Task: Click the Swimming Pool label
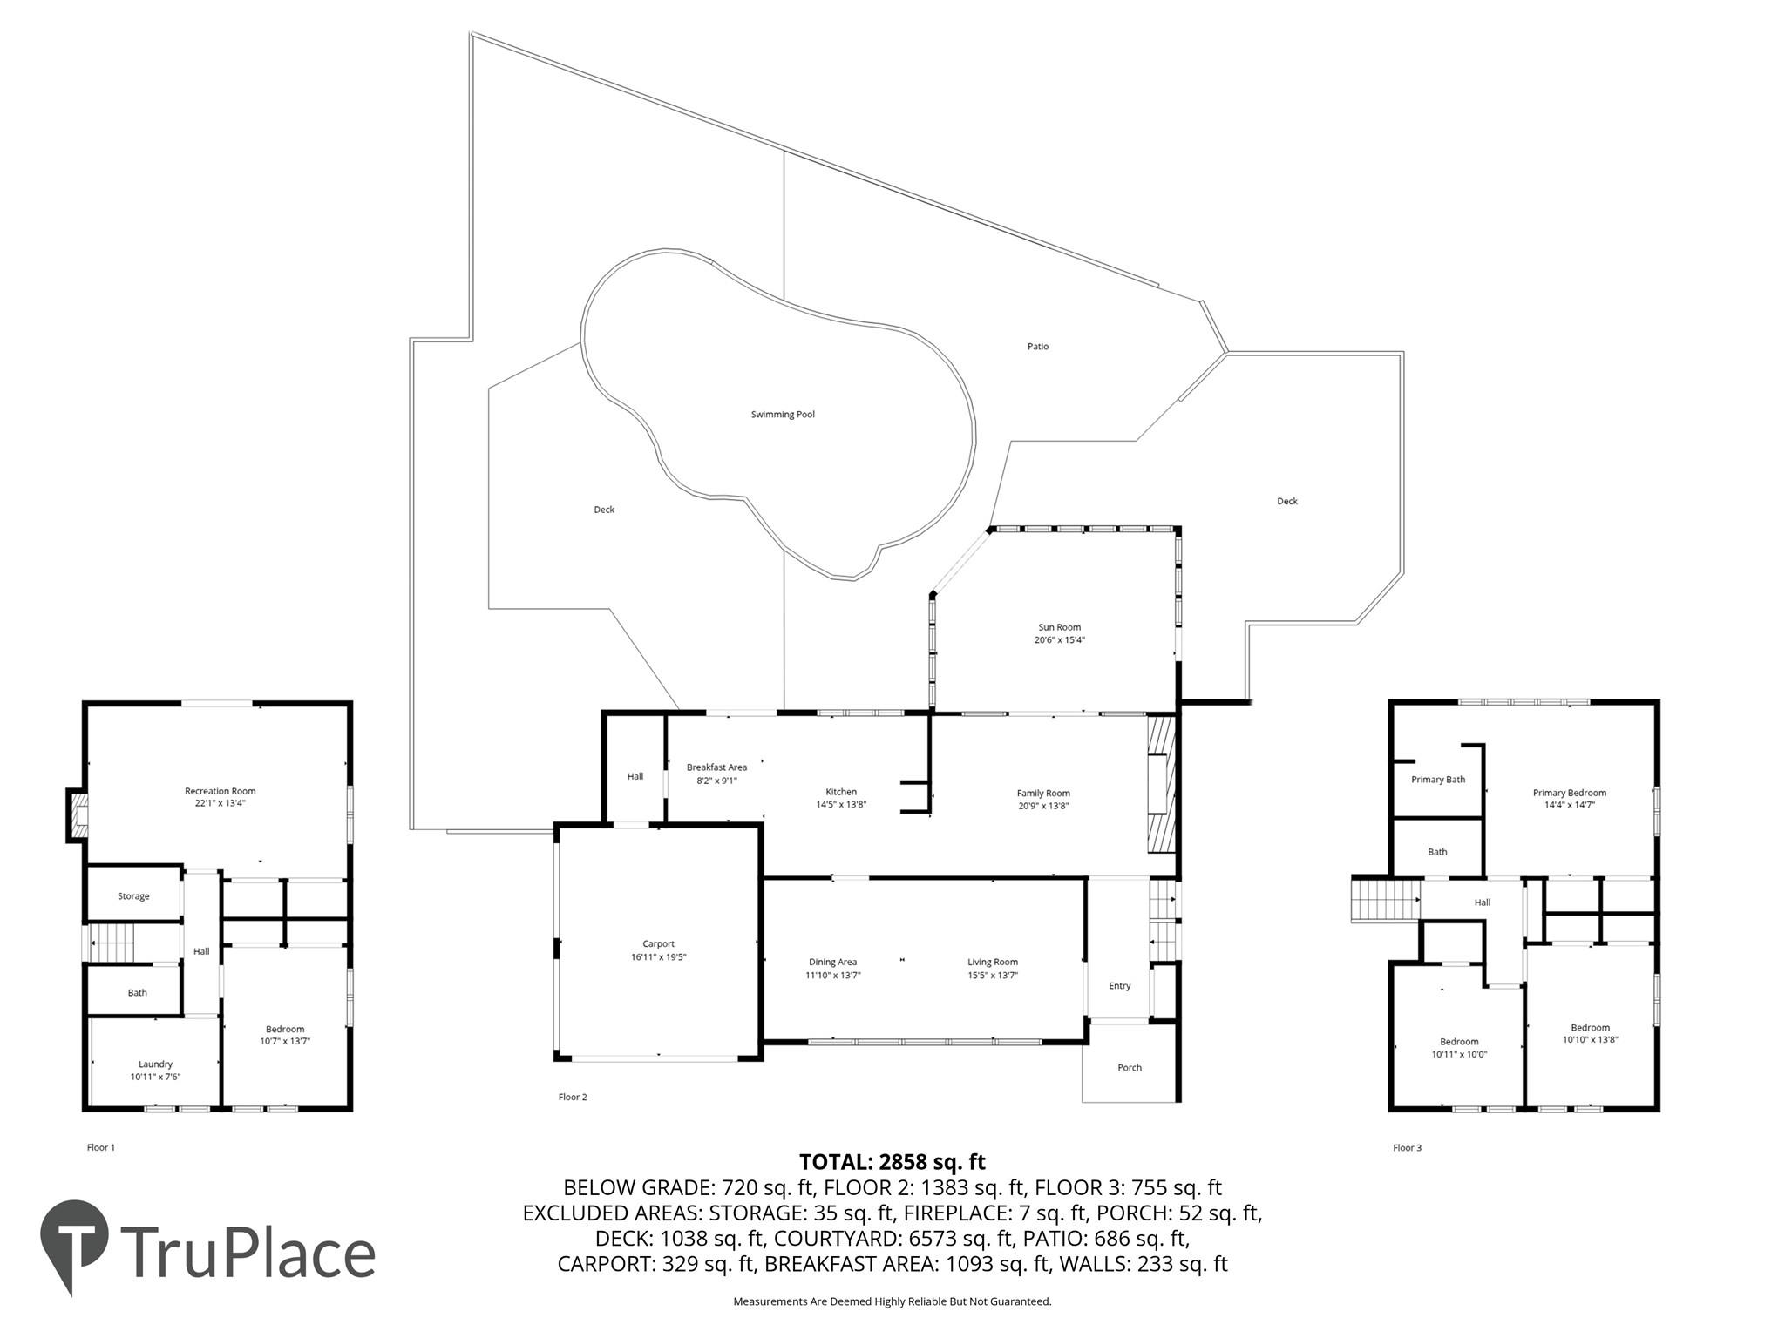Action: [x=783, y=415]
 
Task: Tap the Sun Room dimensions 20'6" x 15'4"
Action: [x=1059, y=640]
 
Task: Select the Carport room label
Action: [x=658, y=944]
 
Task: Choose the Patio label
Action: [x=1037, y=347]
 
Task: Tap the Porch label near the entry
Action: [x=1130, y=1068]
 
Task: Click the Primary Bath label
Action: [x=1438, y=780]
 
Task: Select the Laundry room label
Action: [x=155, y=1064]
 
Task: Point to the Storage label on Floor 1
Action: [x=133, y=896]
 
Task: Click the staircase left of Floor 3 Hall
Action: [x=1386, y=900]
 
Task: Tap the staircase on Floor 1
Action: [x=111, y=942]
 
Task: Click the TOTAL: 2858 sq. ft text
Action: [x=892, y=1162]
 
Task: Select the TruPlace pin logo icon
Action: [x=74, y=1241]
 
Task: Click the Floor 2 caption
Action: [x=573, y=1097]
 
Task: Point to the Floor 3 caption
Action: [x=1407, y=1148]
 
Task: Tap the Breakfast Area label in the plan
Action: [x=716, y=767]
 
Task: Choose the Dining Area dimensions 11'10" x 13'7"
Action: [x=832, y=976]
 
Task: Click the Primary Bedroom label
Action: [x=1569, y=793]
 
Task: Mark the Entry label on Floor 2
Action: [x=1119, y=986]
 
